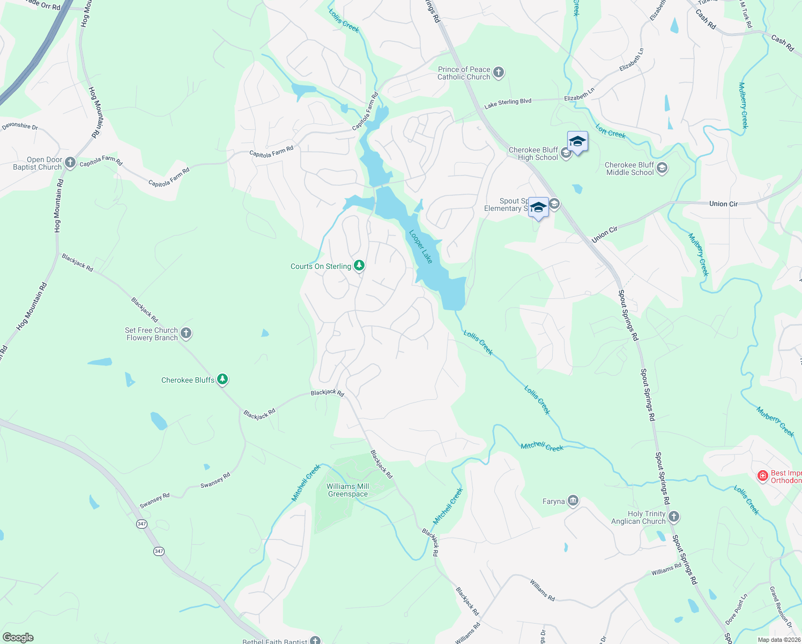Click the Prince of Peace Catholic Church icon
coord(499,73)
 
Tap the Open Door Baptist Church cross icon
coord(70,163)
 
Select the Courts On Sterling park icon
coord(359,266)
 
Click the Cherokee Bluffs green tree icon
coord(222,380)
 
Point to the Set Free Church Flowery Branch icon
coord(186,333)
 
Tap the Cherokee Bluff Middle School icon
coord(662,169)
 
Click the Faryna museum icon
coord(573,501)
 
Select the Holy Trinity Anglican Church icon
coord(674,517)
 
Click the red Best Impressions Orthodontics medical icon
coord(762,476)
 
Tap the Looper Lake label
coord(421,247)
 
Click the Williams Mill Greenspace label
coord(348,490)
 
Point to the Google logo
coord(18,637)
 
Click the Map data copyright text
coord(778,640)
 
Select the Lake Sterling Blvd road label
coord(508,103)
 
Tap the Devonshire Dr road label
coord(20,127)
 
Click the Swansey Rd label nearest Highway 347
coord(154,501)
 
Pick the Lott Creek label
coord(611,131)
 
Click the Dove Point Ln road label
coord(738,609)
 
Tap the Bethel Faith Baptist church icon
coord(315,640)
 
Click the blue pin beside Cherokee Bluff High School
coord(577,142)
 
